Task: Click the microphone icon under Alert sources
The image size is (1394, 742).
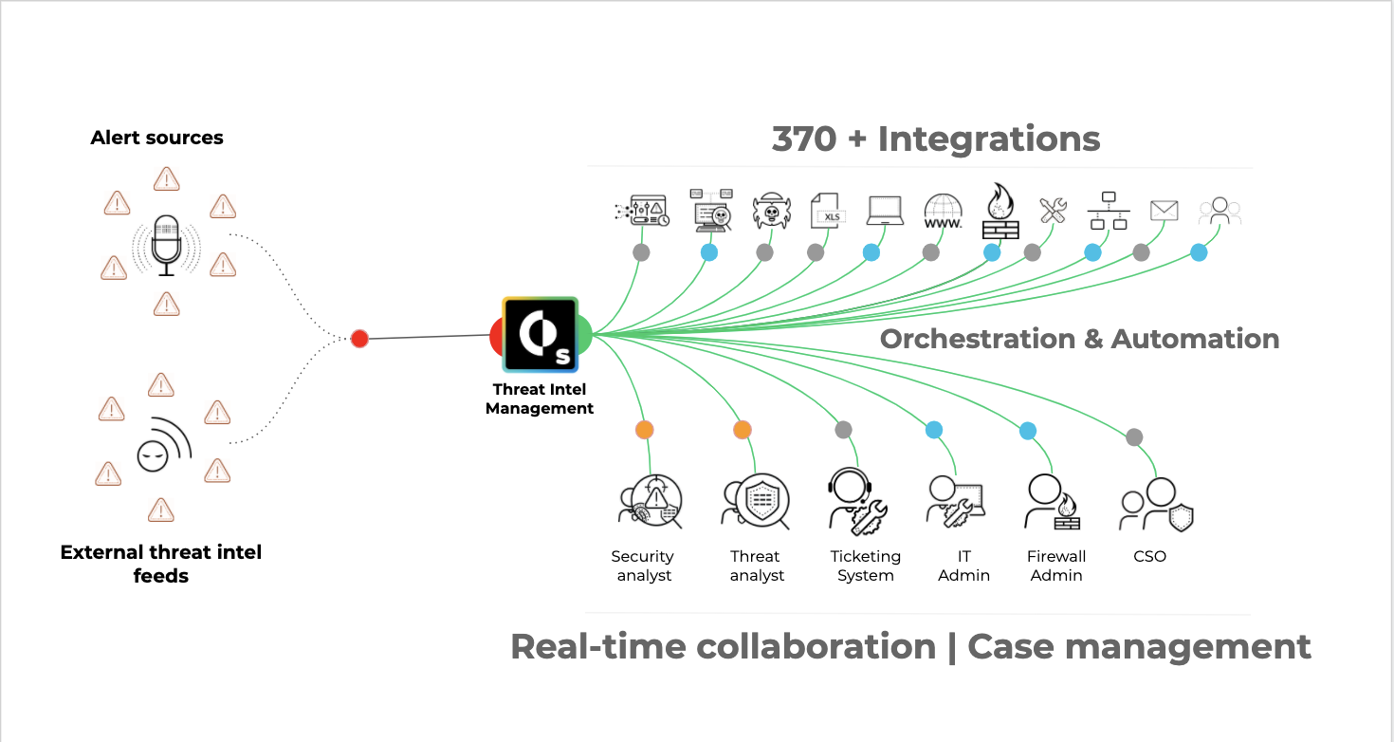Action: pyautogui.click(x=167, y=244)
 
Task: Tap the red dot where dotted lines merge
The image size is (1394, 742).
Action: pyautogui.click(x=359, y=339)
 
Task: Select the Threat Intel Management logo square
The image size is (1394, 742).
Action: pyautogui.click(x=541, y=334)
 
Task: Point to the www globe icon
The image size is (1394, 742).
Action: pyautogui.click(x=943, y=212)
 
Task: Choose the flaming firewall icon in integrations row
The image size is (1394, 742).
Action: pyautogui.click(x=1000, y=211)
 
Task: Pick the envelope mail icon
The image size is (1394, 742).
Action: pyautogui.click(x=1164, y=211)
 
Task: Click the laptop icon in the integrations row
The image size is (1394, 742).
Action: pyautogui.click(x=885, y=211)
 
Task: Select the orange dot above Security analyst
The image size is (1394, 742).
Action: pyautogui.click(x=645, y=430)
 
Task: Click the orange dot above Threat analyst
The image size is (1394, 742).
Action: pyautogui.click(x=743, y=430)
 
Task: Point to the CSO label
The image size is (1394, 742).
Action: pyautogui.click(x=1149, y=557)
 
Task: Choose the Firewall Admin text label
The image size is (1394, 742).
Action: pyautogui.click(x=1056, y=566)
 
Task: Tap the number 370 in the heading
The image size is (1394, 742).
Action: pyautogui.click(x=804, y=139)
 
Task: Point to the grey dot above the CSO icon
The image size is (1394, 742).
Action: pyautogui.click(x=1134, y=437)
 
